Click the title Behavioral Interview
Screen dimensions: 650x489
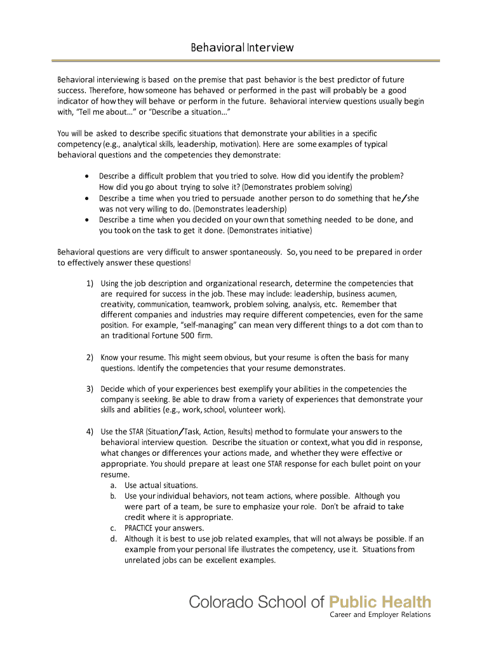[243, 48]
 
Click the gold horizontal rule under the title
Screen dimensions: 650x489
[245, 60]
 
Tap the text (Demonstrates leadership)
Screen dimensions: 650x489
[240, 209]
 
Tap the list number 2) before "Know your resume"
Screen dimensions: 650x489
[90, 357]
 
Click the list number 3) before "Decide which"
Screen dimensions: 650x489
[90, 388]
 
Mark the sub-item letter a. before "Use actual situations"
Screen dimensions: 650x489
[112, 486]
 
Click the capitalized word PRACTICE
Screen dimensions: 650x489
[138, 528]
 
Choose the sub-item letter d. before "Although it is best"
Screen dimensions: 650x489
[112, 539]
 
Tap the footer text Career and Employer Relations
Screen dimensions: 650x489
[379, 615]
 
